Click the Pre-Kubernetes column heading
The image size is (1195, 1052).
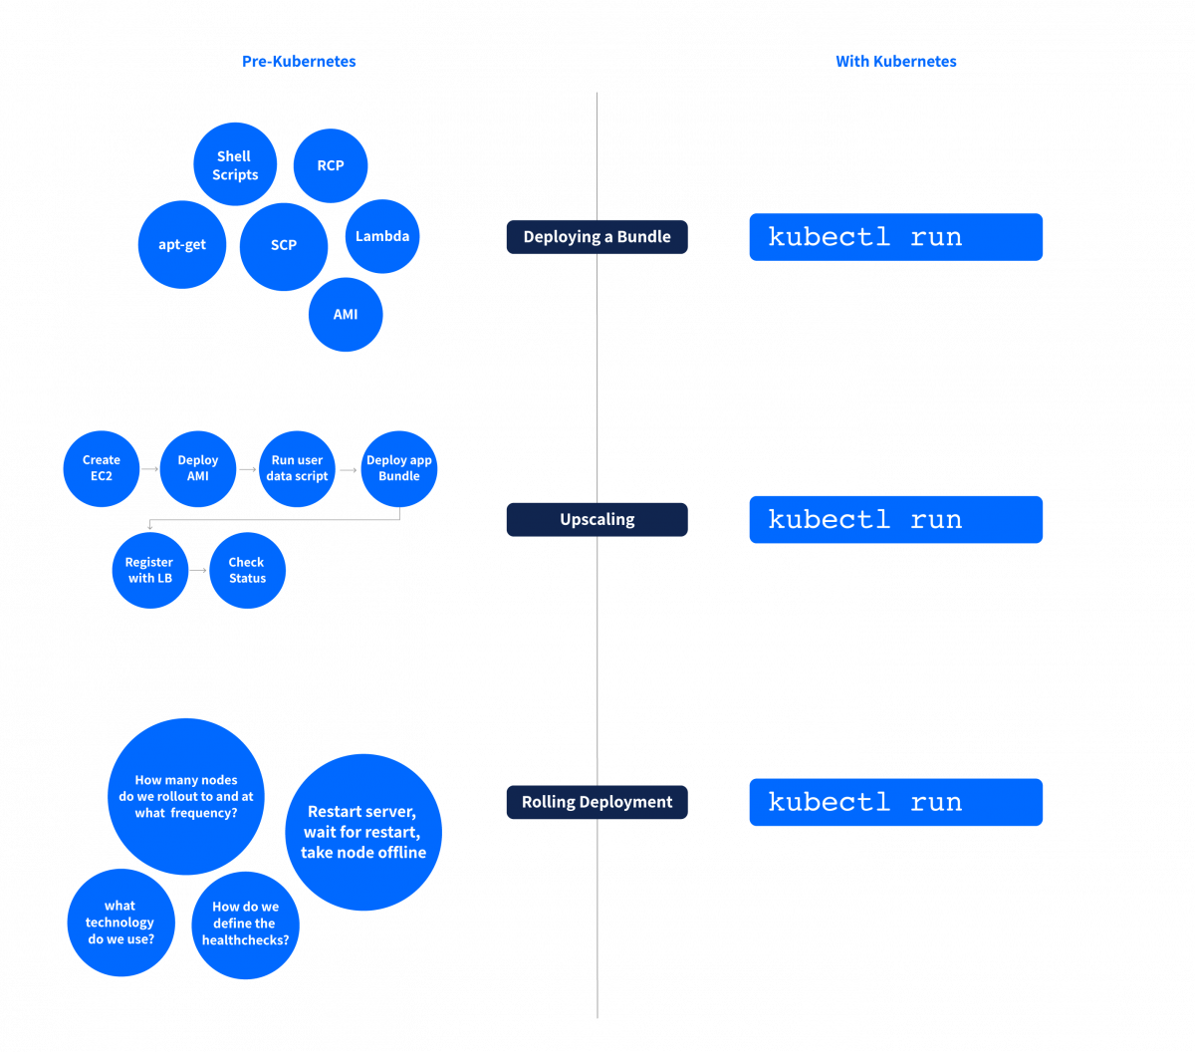pyautogui.click(x=299, y=62)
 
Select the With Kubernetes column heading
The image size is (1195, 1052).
pyautogui.click(x=895, y=62)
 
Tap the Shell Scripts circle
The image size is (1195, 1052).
pyautogui.click(x=235, y=164)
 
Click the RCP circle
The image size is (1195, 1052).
pyautogui.click(x=331, y=165)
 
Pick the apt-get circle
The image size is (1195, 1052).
pyautogui.click(x=182, y=245)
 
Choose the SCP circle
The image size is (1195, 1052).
pyautogui.click(x=284, y=246)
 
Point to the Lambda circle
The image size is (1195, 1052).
pyautogui.click(x=382, y=237)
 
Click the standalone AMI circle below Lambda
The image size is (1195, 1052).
pyautogui.click(x=346, y=315)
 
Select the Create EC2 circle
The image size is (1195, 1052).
pyautogui.click(x=101, y=468)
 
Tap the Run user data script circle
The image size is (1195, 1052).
pyautogui.click(x=297, y=468)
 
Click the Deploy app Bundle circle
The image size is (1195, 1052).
pyautogui.click(x=399, y=468)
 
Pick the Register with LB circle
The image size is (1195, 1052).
pyautogui.click(x=149, y=570)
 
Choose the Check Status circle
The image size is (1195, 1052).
pyautogui.click(x=247, y=570)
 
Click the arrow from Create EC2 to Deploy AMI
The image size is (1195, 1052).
pyautogui.click(x=149, y=468)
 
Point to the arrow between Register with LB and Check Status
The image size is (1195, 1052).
pyautogui.click(x=198, y=570)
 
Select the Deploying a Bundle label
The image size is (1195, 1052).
pyautogui.click(x=597, y=237)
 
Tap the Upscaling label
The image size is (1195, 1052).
pyautogui.click(x=597, y=520)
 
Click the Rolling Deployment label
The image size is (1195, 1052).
pyautogui.click(x=597, y=802)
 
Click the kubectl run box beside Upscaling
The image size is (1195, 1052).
pyautogui.click(x=895, y=520)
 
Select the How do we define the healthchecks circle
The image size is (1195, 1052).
pyautogui.click(x=246, y=924)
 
